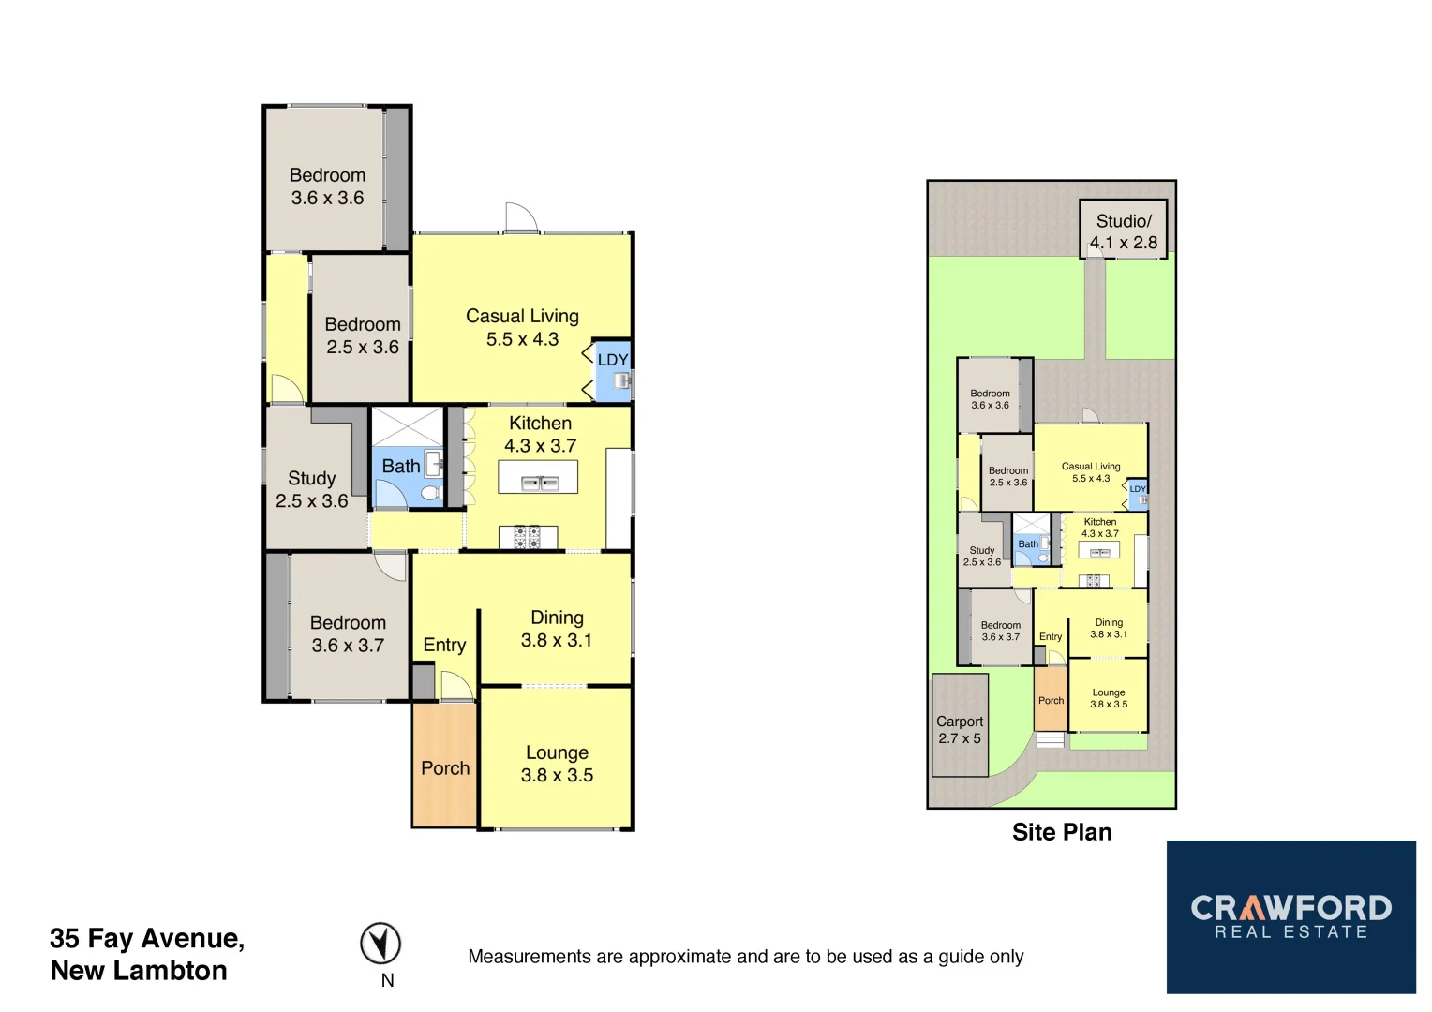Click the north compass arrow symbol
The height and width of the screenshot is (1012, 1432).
pos(380,944)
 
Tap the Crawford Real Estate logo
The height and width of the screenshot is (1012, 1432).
pos(1290,916)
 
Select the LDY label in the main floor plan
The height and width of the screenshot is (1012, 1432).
pos(613,360)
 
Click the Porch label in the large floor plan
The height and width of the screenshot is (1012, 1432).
pos(445,767)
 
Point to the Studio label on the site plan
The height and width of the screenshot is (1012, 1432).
pos(1123,221)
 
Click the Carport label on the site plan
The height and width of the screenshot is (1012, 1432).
pos(960,722)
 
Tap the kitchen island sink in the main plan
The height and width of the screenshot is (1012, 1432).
pos(538,483)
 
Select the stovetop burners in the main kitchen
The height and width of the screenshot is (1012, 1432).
pos(527,537)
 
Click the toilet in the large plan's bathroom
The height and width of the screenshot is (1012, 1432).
pos(430,493)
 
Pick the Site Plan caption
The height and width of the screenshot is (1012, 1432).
pos(1062,832)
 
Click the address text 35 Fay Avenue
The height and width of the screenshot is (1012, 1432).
pos(147,938)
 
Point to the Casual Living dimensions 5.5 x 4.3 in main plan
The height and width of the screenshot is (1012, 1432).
pos(522,339)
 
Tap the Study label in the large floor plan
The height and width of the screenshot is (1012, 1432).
pos(311,478)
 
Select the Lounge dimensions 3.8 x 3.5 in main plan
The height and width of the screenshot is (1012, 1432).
pos(557,775)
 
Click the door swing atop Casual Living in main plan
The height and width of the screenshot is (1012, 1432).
pos(521,217)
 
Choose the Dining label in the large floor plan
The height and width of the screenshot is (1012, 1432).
pos(557,618)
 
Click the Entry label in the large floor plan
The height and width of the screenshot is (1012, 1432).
pos(444,645)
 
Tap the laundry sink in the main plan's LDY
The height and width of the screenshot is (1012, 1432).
pos(620,381)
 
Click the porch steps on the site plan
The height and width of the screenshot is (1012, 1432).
pos(1051,739)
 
